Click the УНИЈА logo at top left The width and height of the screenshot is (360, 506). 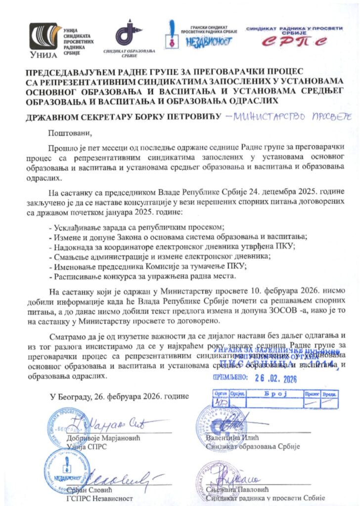point(45,41)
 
